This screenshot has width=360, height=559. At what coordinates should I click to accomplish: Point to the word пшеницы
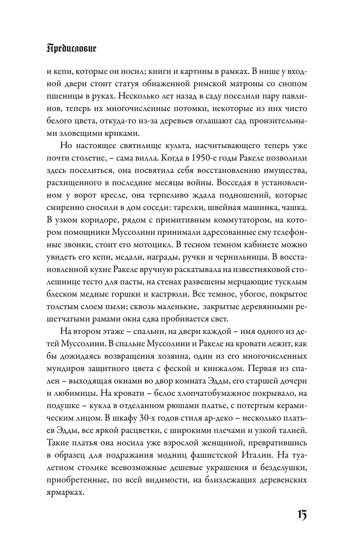coord(65,97)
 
